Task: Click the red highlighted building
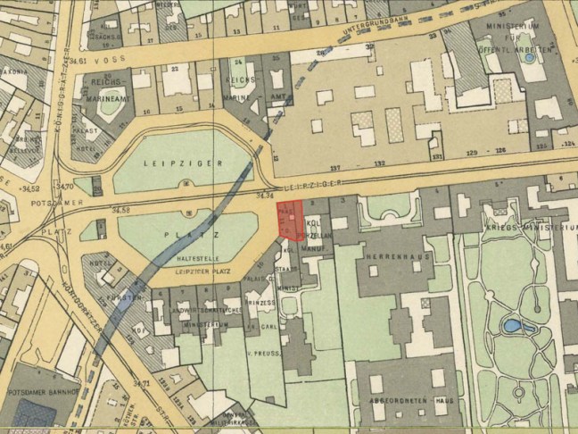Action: [x=290, y=220]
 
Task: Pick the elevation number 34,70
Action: [x=64, y=186]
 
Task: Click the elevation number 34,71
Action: [x=139, y=383]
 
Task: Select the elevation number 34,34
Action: [x=264, y=194]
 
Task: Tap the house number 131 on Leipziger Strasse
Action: [x=436, y=155]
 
